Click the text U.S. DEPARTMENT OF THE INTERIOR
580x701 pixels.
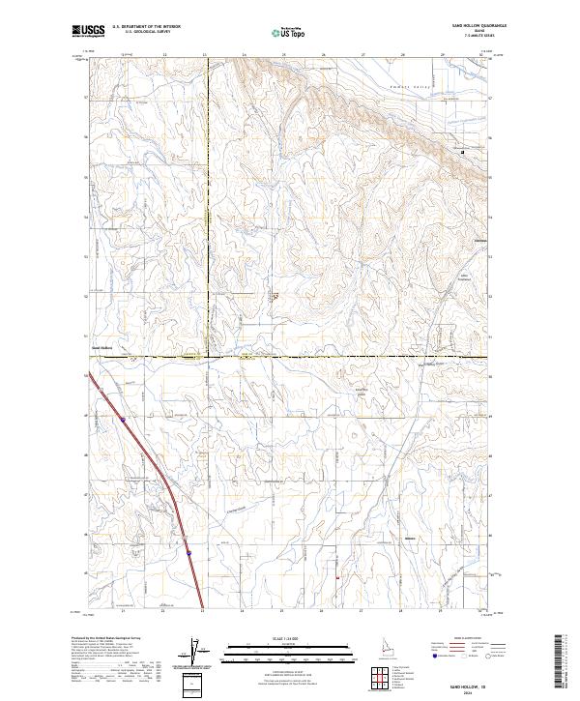tap(144, 28)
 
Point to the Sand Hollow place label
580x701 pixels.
tap(101, 347)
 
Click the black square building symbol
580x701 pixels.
tap(462, 152)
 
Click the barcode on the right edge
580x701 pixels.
tap(560, 667)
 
